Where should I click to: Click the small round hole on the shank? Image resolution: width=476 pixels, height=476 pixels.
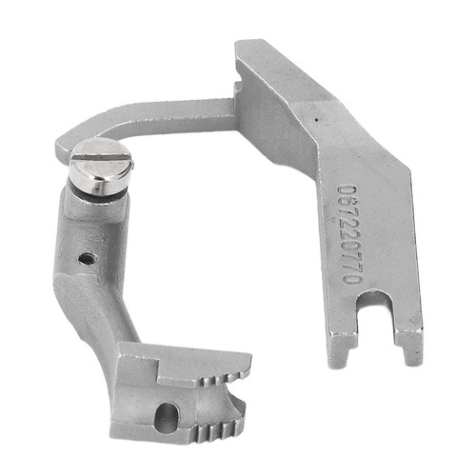tap(87, 259)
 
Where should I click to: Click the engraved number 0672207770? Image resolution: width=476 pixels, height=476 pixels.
tap(349, 234)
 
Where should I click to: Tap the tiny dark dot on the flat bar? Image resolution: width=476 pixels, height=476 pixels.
tap(316, 120)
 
